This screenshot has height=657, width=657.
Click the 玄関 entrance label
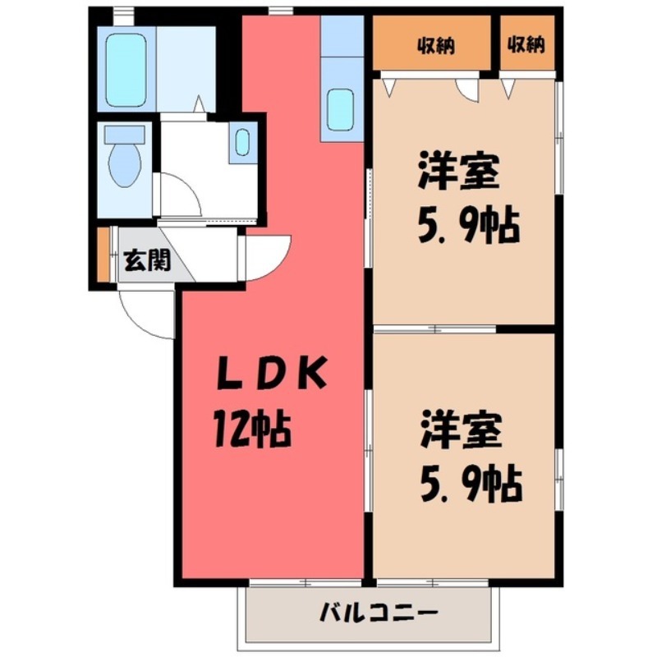[x=147, y=261]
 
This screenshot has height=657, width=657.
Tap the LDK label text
[x=272, y=376]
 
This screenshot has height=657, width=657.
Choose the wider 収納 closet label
[x=435, y=45]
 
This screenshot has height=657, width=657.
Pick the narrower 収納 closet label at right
[x=526, y=45]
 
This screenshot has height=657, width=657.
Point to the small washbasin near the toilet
[x=242, y=142]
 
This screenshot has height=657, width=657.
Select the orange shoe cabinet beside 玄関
[x=103, y=255]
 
